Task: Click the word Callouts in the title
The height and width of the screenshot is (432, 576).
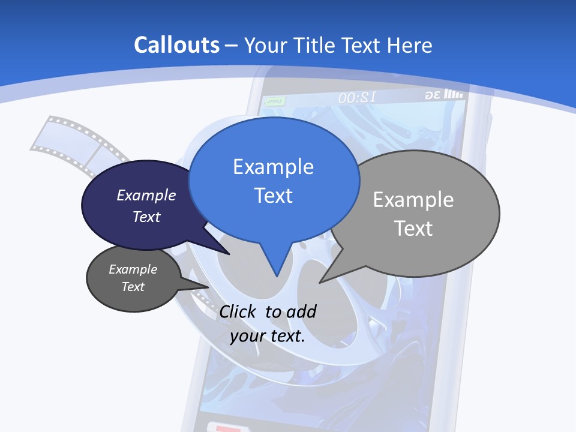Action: (x=176, y=46)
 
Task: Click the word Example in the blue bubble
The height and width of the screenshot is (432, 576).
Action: (x=273, y=167)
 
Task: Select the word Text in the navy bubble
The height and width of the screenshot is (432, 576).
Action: (x=146, y=217)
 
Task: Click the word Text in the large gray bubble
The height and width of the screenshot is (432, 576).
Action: (x=413, y=229)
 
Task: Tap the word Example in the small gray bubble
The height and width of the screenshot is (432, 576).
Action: (x=133, y=269)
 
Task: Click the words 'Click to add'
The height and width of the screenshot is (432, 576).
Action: (x=268, y=311)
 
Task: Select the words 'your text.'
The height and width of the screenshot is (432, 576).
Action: (x=268, y=336)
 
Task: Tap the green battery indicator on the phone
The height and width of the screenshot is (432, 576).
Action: (x=274, y=101)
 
